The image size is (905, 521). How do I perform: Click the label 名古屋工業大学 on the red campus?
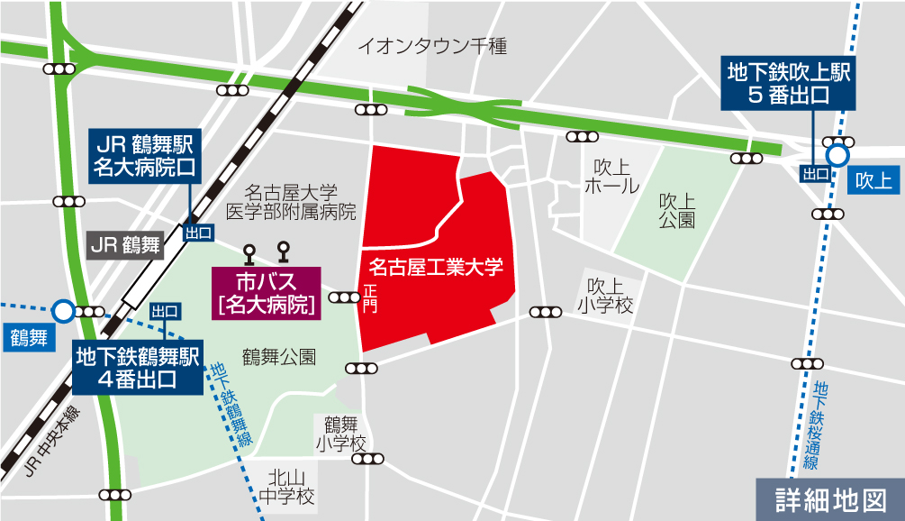click(436, 267)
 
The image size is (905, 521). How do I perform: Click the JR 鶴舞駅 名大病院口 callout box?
click(146, 155)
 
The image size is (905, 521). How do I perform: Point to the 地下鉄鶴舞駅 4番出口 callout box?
click(139, 366)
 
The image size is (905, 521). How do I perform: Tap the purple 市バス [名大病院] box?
click(266, 293)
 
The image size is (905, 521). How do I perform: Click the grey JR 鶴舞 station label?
click(125, 242)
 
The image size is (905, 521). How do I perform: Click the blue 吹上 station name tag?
click(873, 180)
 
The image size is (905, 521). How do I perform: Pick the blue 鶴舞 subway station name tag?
click(27, 338)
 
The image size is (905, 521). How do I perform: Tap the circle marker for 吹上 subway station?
click(837, 155)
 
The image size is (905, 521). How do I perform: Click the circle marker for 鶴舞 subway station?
click(63, 311)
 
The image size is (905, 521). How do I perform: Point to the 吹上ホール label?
click(611, 177)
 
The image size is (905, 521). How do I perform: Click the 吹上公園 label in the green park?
click(676, 209)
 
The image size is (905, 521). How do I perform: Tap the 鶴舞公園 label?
click(279, 357)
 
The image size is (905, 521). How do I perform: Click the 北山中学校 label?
click(285, 487)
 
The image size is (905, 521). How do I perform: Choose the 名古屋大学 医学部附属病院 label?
click(290, 203)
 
